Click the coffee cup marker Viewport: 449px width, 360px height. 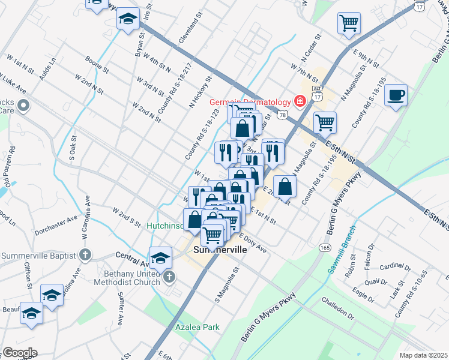396,95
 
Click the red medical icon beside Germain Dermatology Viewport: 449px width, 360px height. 300,100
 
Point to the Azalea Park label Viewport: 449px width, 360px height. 197,327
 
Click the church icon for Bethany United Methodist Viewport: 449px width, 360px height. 170,277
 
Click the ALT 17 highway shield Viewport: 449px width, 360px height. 318,94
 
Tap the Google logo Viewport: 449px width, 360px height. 20,353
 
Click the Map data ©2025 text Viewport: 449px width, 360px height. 423,355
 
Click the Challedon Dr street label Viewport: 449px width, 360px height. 337,307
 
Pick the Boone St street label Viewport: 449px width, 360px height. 97,65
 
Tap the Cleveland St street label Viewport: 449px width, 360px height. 188,31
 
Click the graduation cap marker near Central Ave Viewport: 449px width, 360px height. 160,257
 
